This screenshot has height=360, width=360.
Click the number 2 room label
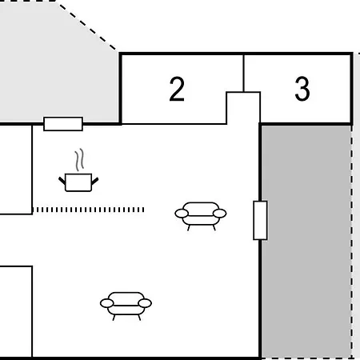click(177, 89)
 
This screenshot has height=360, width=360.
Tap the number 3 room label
click(302, 89)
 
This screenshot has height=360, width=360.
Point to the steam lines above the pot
click(79, 160)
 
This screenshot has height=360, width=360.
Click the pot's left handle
click(62, 181)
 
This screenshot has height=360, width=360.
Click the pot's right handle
click(95, 181)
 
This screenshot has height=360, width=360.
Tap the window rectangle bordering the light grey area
click(63, 124)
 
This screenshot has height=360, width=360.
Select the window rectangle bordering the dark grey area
click(260, 221)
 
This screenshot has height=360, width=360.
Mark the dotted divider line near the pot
click(88, 210)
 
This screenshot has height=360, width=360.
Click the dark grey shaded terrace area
click(306, 242)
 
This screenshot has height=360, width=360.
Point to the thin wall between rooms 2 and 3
click(243, 74)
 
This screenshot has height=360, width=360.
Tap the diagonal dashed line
click(87, 26)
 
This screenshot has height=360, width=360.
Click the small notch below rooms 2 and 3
click(243, 108)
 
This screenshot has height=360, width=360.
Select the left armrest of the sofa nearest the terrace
click(182, 214)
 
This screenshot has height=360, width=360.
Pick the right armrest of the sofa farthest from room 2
click(145, 303)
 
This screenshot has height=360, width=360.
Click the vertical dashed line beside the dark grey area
click(352, 242)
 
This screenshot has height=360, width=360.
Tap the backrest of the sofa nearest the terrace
click(201, 209)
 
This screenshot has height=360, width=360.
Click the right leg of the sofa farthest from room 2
click(139, 318)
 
